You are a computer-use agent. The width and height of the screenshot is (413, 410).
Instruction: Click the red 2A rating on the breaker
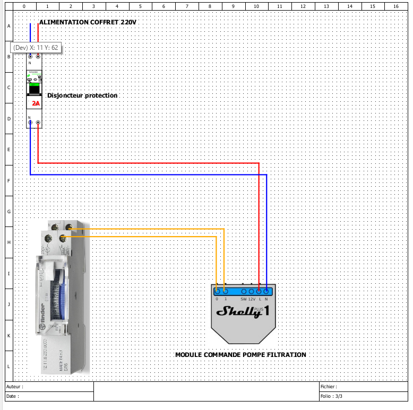36,104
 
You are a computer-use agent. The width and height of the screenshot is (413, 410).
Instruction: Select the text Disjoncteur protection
82,95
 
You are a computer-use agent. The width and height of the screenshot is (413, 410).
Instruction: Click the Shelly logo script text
238,311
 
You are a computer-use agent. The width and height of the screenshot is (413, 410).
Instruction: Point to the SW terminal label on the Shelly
243,299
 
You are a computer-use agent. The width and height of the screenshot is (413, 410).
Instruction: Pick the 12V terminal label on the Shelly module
252,299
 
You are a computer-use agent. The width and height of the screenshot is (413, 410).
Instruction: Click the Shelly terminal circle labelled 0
217,291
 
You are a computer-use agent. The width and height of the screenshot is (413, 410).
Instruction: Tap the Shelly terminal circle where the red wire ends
259,291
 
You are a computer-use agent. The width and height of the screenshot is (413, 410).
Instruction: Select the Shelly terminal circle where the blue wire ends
266,291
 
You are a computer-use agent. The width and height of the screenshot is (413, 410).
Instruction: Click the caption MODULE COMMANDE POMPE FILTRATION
240,354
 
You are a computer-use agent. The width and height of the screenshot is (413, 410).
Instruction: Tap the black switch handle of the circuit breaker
36,88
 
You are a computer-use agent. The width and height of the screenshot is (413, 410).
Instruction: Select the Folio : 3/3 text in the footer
331,396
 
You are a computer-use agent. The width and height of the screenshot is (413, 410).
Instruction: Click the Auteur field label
14,387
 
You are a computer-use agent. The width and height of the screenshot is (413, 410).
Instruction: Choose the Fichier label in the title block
329,387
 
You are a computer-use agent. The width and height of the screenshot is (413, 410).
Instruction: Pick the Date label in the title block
13,396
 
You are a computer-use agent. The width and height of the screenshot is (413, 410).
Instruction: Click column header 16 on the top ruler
395,6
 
